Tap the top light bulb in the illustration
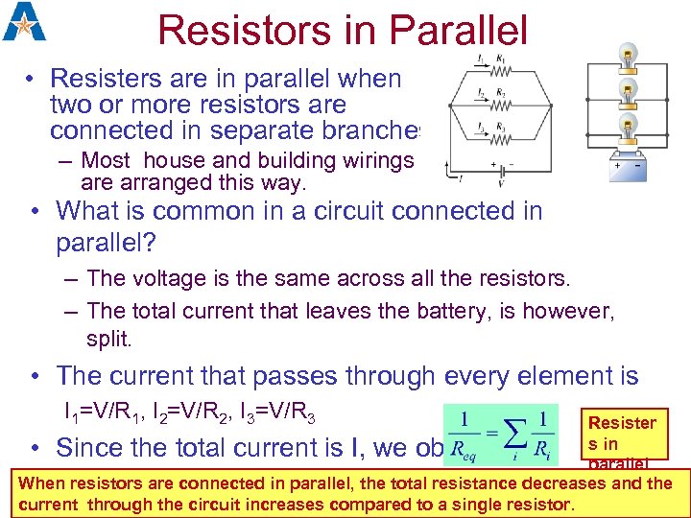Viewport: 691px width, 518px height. click(x=628, y=56)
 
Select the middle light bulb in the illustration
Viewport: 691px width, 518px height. click(x=628, y=92)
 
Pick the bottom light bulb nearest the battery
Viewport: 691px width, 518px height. click(x=628, y=127)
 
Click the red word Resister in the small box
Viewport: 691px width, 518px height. click(x=622, y=423)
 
